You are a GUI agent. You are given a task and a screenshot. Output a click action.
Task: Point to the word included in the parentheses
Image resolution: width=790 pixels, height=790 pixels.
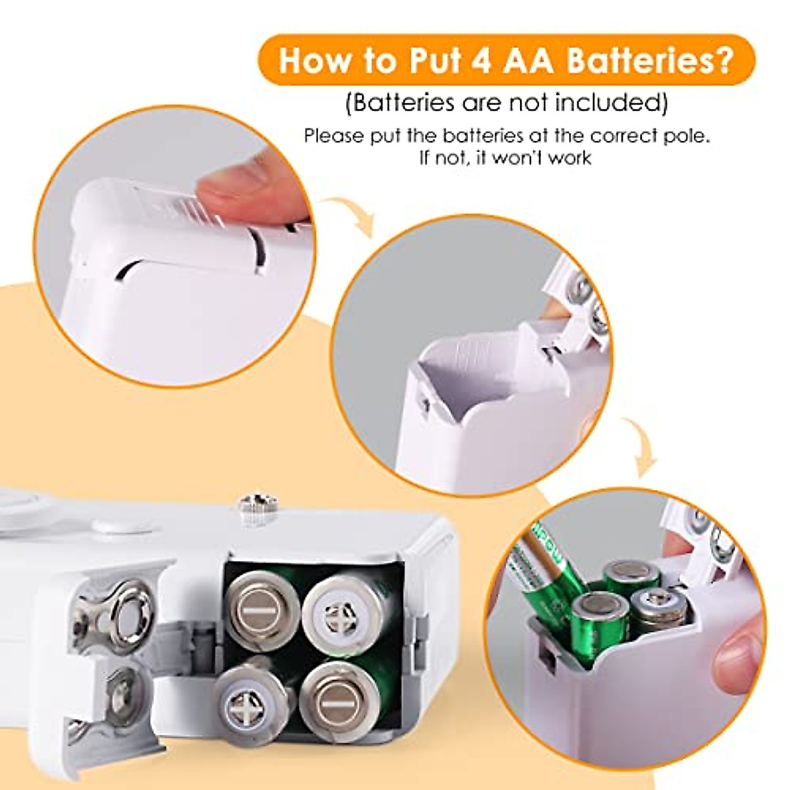coord(606,103)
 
